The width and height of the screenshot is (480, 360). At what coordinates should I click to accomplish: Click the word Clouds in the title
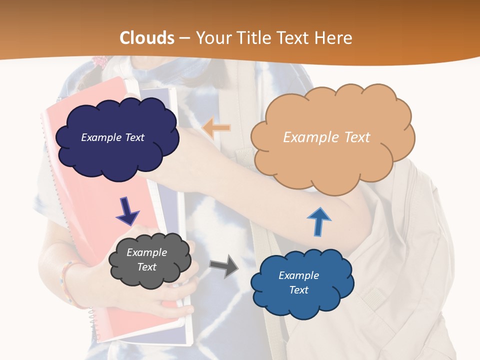pyautogui.click(x=147, y=38)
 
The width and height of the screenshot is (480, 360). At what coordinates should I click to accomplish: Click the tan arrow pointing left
pyautogui.click(x=216, y=128)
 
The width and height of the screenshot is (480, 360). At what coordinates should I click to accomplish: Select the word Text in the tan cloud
pyautogui.click(x=352, y=137)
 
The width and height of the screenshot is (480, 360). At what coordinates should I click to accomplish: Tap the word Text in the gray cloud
pyautogui.click(x=146, y=267)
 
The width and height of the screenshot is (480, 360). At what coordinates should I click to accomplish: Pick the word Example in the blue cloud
pyautogui.click(x=298, y=275)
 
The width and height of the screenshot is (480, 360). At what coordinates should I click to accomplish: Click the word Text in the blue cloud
pyautogui.click(x=298, y=290)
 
